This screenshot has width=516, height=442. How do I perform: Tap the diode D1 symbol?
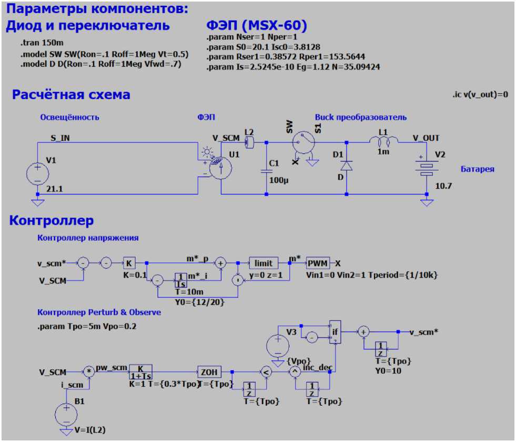coord(346,165)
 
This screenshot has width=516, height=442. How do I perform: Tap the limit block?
coord(264,263)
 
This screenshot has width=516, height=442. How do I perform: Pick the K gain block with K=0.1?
coord(129,263)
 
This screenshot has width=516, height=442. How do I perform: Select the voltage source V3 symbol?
coord(277,346)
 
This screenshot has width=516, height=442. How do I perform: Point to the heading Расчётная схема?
coord(70,95)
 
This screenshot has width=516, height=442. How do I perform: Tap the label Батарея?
coord(478,169)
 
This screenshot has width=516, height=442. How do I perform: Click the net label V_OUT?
coord(426,138)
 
